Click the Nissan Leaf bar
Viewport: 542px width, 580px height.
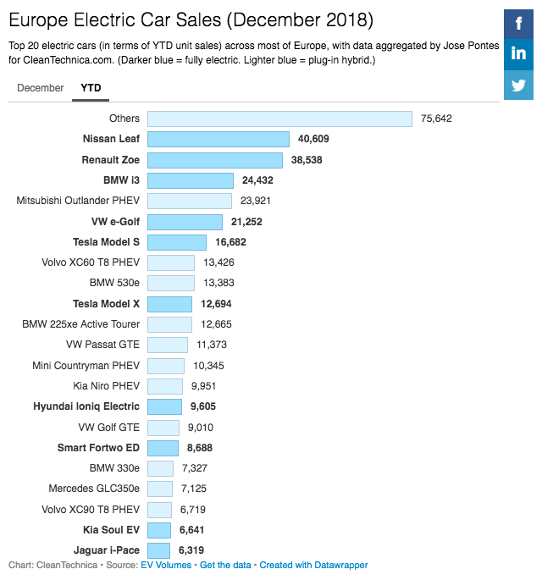click(x=218, y=139)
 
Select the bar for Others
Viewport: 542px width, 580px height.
click(x=279, y=119)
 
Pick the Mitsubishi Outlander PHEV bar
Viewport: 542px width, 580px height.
click(x=190, y=201)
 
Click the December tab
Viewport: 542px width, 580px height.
click(x=40, y=88)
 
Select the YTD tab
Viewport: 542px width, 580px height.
click(x=91, y=88)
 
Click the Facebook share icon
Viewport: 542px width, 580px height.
click(x=518, y=23)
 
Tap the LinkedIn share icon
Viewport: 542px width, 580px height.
click(x=518, y=54)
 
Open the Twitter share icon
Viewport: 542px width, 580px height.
click(x=518, y=86)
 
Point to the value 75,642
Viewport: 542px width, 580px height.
click(x=436, y=119)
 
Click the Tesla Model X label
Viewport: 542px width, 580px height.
click(x=106, y=303)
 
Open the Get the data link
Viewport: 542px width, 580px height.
click(x=227, y=565)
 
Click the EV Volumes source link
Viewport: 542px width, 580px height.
click(x=167, y=565)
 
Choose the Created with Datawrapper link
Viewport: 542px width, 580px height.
click(x=313, y=565)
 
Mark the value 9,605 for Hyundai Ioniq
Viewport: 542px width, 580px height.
click(x=205, y=406)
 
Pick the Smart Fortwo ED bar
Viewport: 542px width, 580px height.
click(x=163, y=448)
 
